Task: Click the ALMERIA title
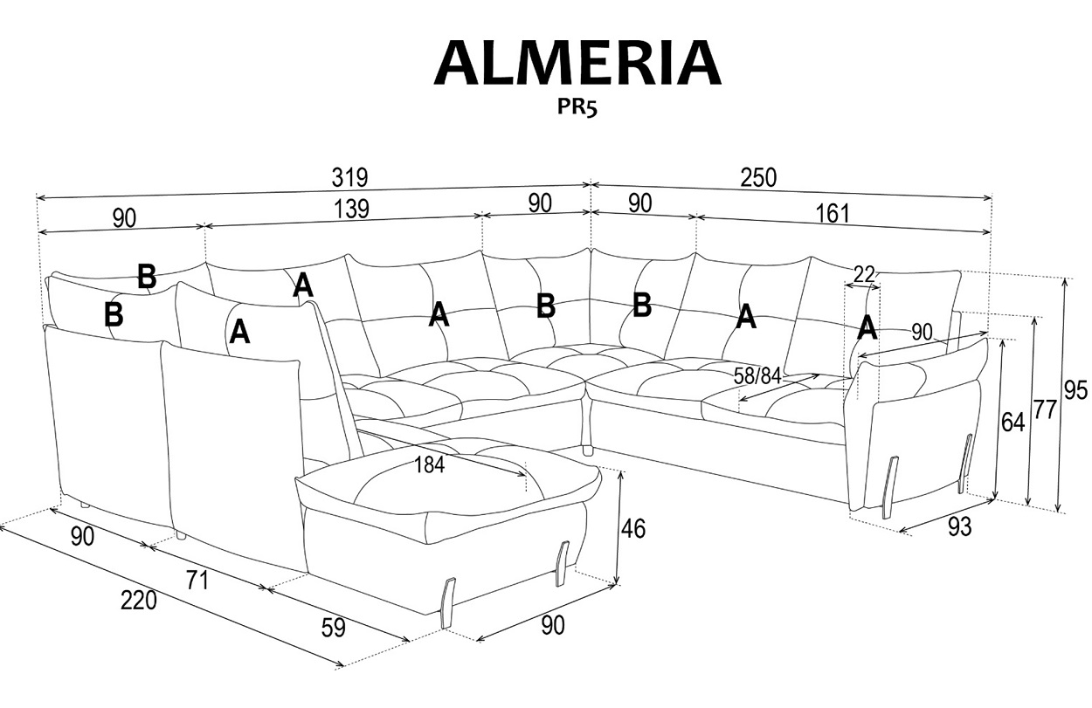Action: point(577,63)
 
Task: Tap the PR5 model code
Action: point(576,107)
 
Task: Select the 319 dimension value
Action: point(349,177)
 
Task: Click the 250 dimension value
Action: point(758,177)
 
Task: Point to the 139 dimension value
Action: point(351,209)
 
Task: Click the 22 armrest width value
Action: point(864,274)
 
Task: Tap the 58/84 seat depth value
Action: point(757,376)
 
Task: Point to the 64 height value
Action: point(1013,423)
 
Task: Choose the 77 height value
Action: point(1043,409)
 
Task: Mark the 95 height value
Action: point(1076,390)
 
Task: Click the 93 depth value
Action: point(958,526)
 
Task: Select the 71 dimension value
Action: point(197,579)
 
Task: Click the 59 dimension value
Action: point(333,627)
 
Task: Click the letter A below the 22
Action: point(867,327)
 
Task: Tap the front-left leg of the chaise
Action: point(448,602)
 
